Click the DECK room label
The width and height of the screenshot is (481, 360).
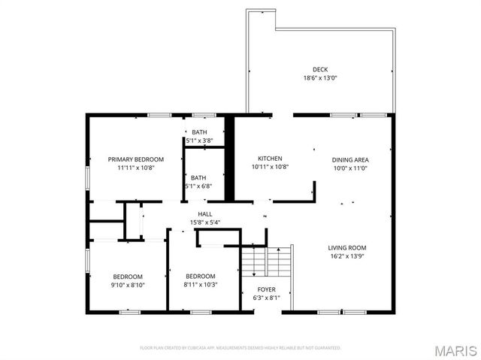point(320,69)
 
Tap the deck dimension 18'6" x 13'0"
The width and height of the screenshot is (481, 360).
point(320,77)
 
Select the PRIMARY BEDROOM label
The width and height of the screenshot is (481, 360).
point(136,159)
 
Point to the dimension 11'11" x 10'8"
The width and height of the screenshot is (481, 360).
point(136,168)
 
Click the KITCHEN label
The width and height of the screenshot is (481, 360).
point(270,159)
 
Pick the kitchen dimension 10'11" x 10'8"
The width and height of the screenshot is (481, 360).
point(270,167)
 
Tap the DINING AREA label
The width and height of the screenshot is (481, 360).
point(350,159)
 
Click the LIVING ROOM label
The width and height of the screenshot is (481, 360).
point(346,247)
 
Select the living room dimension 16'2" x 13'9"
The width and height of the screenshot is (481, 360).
point(346,256)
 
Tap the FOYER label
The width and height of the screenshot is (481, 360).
point(266,289)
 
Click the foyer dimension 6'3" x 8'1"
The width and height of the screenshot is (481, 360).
point(266,297)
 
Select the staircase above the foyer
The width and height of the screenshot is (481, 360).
point(265,262)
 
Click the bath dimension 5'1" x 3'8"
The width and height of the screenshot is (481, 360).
point(199,141)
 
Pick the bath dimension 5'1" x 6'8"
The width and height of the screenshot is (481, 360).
point(199,186)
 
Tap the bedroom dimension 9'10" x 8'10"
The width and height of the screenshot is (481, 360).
point(129,284)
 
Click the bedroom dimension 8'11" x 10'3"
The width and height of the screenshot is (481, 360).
point(200,284)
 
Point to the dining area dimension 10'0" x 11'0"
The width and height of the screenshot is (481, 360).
point(350,168)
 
